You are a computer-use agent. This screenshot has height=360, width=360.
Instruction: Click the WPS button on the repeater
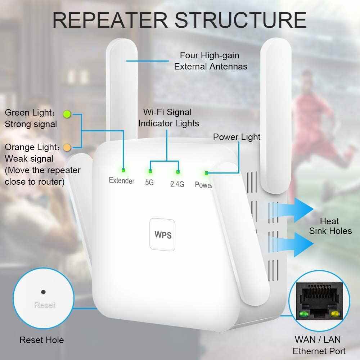point(163,235)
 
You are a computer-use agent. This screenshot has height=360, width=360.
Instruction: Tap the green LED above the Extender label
point(123,170)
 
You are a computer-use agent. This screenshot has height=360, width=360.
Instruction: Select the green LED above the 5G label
point(150,171)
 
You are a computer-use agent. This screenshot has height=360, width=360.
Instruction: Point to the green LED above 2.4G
point(177,172)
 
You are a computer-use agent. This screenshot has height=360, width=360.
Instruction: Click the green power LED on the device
point(206,173)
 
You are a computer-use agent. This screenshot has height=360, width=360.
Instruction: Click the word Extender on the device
point(122,180)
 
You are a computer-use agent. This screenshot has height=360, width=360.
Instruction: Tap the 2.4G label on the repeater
point(177,184)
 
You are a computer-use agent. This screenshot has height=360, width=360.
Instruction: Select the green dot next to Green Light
point(67,114)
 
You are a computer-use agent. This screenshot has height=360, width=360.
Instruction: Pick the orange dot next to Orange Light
point(67,147)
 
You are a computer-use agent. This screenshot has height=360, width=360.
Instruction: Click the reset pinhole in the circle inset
point(44,292)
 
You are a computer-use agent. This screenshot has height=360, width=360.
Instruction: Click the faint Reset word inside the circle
point(45,305)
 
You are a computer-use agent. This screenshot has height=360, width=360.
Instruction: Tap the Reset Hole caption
point(42,340)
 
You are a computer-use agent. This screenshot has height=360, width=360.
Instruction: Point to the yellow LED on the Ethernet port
point(336,314)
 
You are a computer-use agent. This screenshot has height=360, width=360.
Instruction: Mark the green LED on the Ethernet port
point(303,314)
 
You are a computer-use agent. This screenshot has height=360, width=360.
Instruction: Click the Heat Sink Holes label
point(330,226)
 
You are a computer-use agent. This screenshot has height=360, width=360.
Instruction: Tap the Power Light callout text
point(237,137)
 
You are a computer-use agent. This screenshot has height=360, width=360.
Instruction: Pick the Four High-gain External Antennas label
point(210,61)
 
